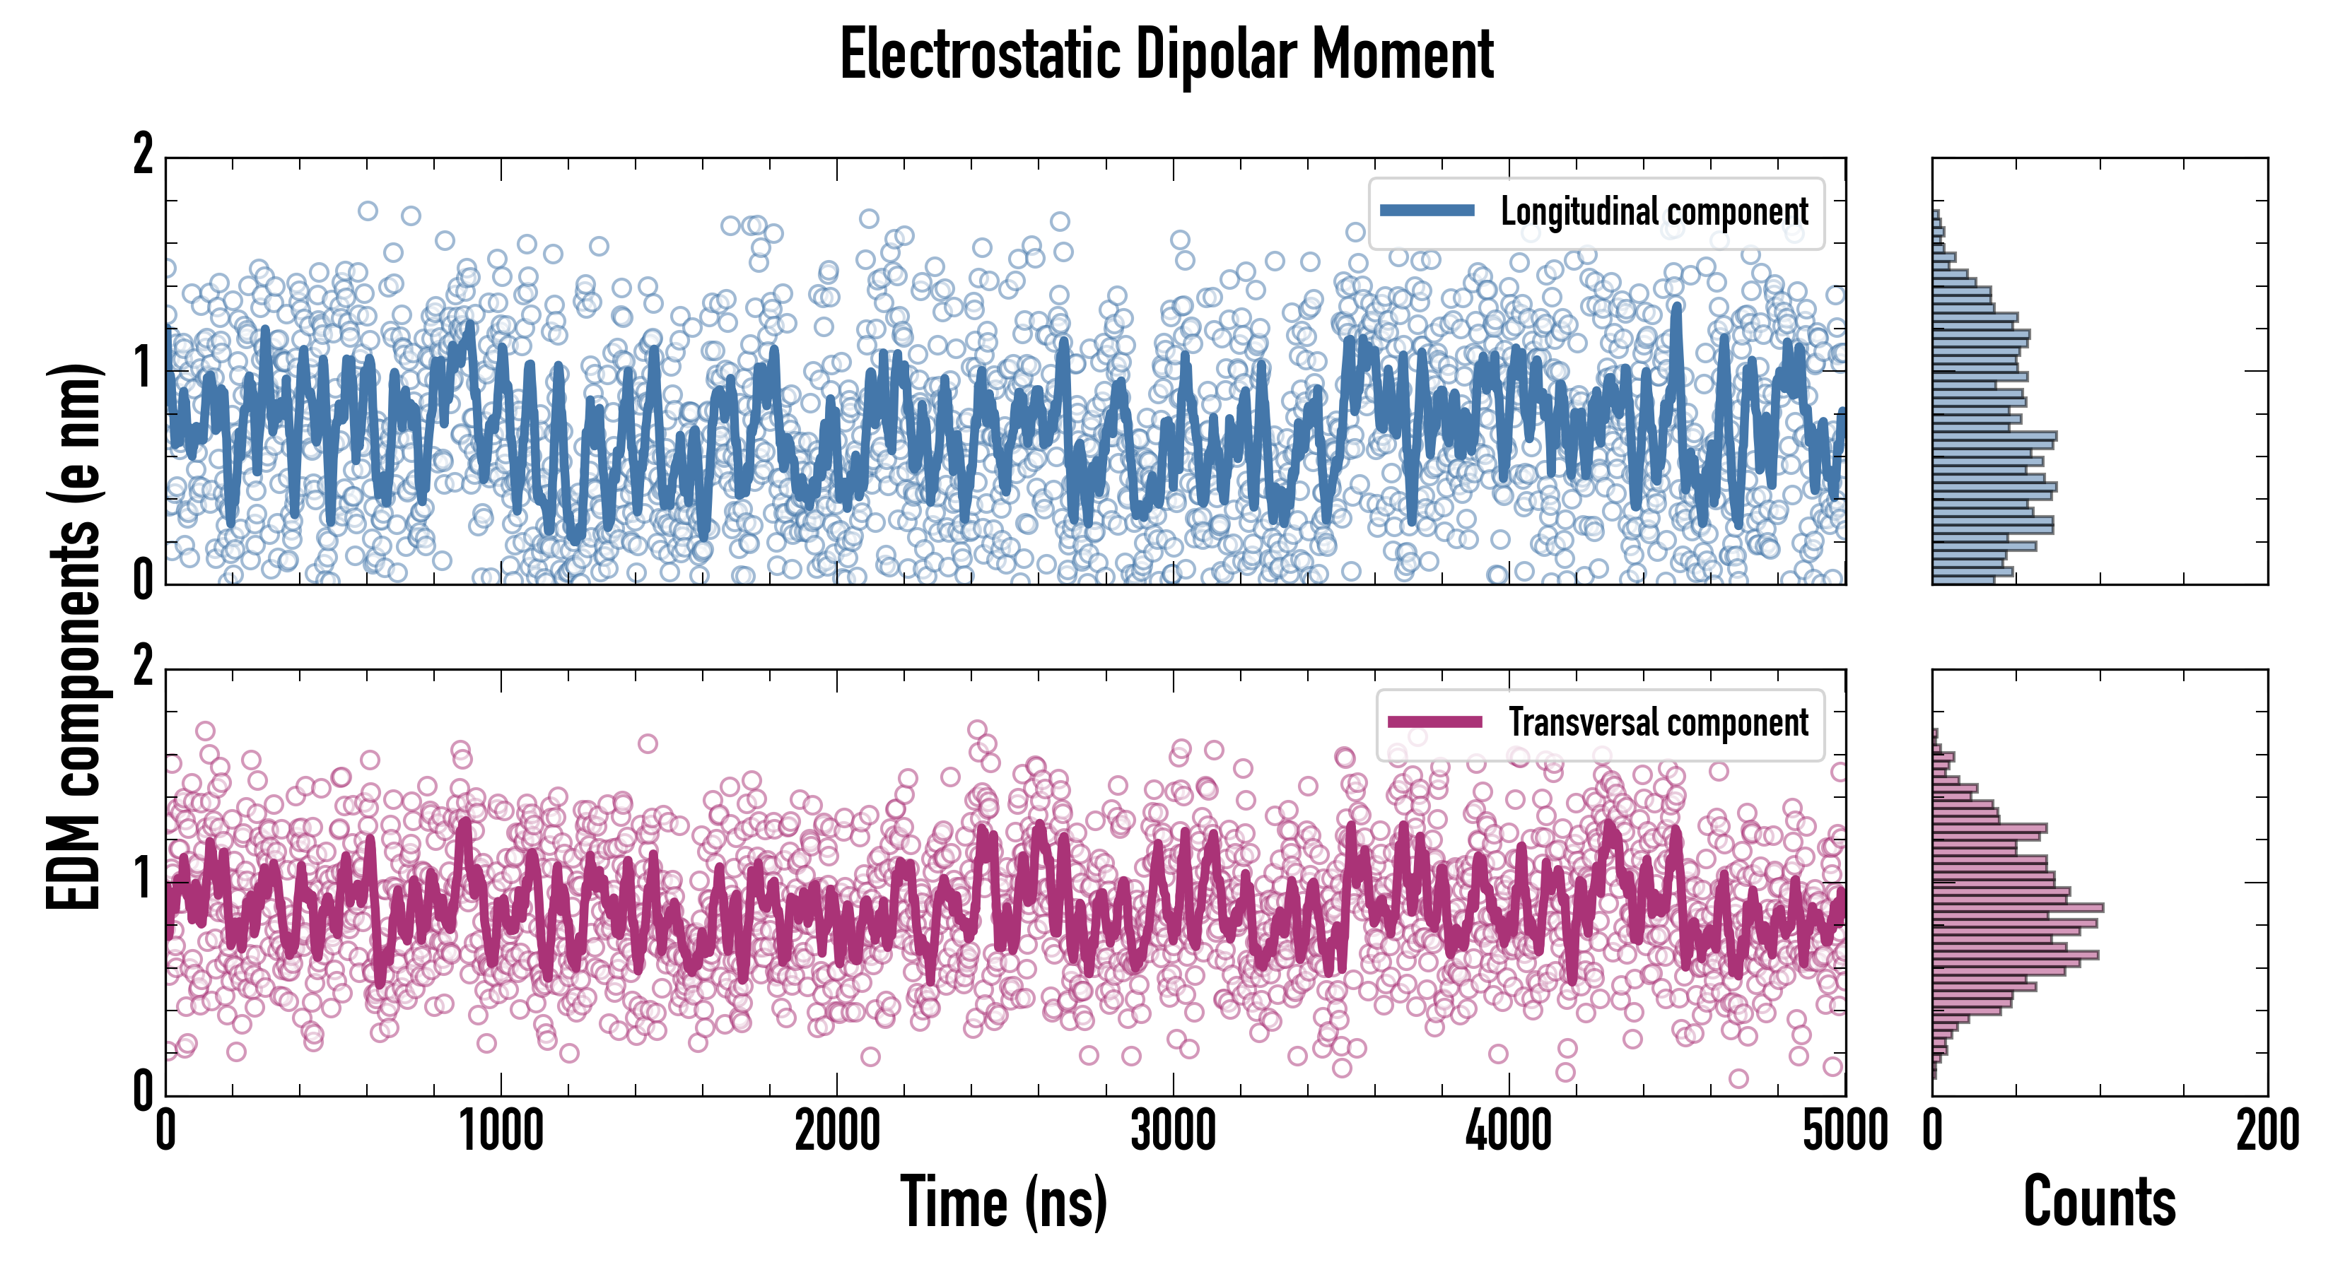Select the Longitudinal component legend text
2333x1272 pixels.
pos(1654,212)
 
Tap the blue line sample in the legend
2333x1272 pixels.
pos(1427,211)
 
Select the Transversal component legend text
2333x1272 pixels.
pos(1657,722)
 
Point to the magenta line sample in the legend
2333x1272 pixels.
pos(1434,722)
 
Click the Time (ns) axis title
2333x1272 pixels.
pos(1003,1201)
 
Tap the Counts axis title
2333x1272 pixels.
pos(2099,1201)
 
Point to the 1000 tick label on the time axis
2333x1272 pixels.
pos(501,1131)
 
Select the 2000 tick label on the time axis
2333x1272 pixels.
pos(837,1131)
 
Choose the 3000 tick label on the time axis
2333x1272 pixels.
pos(1174,1131)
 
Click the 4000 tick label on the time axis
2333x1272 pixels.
pos(1509,1131)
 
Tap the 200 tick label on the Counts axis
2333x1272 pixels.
pos(2267,1131)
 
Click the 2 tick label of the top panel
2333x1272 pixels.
pos(143,155)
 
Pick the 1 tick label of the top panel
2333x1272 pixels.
pos(143,368)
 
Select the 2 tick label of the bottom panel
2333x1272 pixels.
pos(143,667)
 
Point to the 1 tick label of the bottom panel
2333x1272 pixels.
pos(143,880)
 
